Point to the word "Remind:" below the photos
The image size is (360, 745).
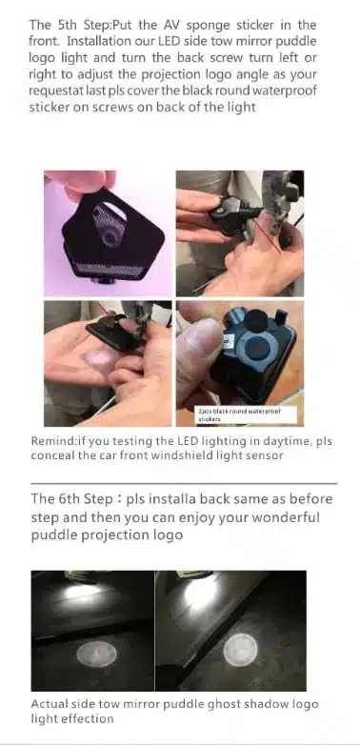point(52,441)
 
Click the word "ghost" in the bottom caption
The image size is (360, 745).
point(222,705)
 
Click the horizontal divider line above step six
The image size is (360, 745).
point(184,483)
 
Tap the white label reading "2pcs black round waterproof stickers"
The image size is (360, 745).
point(246,414)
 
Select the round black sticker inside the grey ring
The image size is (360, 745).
point(257,348)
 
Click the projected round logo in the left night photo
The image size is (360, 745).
point(97,654)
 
